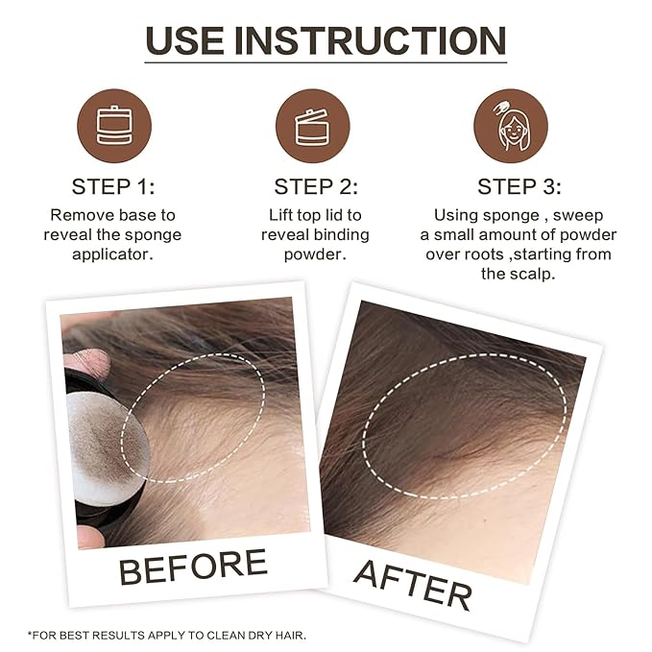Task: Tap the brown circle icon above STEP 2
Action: click(312, 126)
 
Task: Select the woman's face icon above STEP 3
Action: click(511, 127)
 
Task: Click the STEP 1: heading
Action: click(113, 186)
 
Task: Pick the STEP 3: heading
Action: click(519, 186)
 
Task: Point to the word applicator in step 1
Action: click(113, 254)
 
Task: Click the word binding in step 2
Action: click(340, 235)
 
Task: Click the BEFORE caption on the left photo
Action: click(192, 567)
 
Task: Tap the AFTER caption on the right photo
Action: click(413, 581)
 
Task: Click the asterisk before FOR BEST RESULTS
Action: click(31, 635)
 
